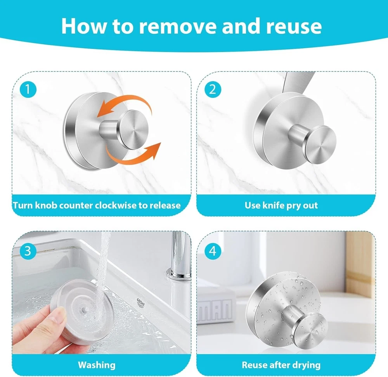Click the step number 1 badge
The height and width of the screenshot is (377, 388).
(x=28, y=89)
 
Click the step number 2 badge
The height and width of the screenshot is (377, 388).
(x=213, y=89)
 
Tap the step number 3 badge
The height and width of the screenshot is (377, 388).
(x=28, y=251)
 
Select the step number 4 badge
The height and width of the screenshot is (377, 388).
(x=213, y=251)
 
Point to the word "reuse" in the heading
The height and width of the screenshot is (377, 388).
(x=294, y=26)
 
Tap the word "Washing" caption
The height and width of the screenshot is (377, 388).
(x=97, y=365)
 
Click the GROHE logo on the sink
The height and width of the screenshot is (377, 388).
(x=141, y=302)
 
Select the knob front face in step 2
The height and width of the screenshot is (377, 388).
(x=321, y=144)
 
